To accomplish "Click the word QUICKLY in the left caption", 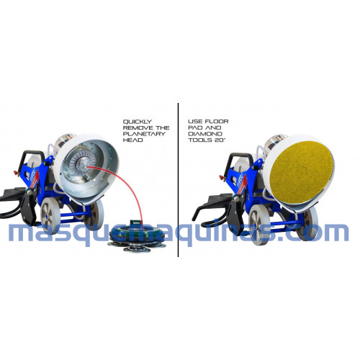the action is coord(138,122).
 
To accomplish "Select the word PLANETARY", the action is coord(144,134).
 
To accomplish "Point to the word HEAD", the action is coord(132,140).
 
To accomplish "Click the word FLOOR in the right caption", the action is coord(218,122).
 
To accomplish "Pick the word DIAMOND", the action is coord(205,134).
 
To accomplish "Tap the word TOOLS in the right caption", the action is coord(200,140).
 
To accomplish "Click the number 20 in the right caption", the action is coord(219,140).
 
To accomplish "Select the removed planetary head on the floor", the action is coord(137,236).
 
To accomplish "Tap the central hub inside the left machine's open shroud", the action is coord(81,165).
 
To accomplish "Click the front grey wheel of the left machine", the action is coord(50,215).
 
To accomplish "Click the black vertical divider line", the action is coord(178,180).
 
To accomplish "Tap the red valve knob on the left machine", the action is coord(16,172).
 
